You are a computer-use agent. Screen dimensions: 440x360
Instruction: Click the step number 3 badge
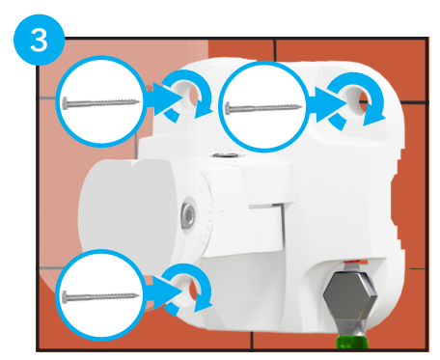tap(39, 40)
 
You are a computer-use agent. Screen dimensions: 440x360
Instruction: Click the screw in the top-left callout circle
tap(101, 103)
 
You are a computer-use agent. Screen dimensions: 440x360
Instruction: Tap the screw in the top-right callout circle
tap(263, 108)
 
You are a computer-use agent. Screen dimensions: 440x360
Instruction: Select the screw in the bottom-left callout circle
tap(100, 297)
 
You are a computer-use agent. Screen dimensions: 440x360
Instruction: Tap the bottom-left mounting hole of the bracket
tap(190, 288)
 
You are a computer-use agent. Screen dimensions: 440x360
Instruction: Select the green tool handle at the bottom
tap(352, 343)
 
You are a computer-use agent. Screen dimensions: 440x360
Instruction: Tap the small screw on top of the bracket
tap(226, 155)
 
